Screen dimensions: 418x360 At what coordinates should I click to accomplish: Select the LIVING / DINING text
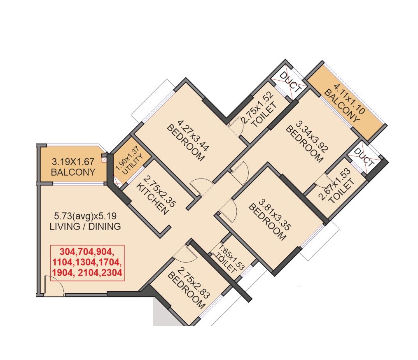[85, 227]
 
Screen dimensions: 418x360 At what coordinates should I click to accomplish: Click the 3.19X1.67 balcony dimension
[73, 162]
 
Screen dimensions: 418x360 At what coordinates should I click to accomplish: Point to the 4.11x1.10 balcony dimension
[349, 99]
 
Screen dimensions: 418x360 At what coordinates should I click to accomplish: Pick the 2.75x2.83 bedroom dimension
[194, 283]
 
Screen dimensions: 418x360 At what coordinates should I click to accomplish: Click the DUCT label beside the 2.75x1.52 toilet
[290, 82]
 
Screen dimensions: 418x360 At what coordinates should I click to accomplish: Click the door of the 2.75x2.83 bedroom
[185, 252]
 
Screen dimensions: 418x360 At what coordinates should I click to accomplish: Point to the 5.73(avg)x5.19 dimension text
[85, 216]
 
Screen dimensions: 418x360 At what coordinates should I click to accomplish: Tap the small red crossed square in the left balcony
[104, 160]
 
